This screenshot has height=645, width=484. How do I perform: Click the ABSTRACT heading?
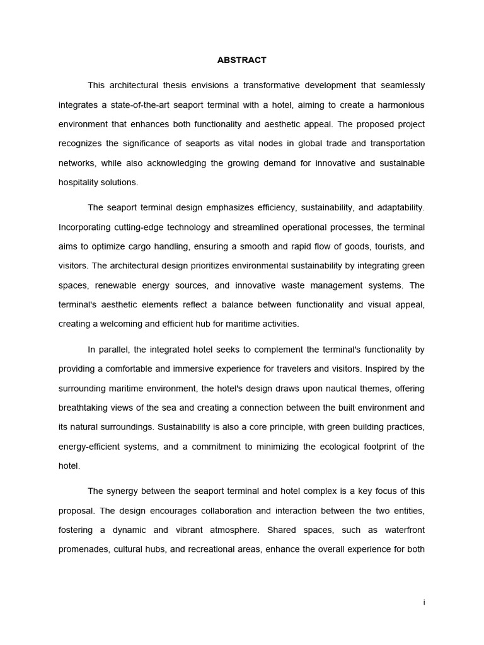(241, 60)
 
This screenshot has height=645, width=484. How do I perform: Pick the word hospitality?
(80, 183)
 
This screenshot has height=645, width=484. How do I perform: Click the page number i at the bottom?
(424, 603)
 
